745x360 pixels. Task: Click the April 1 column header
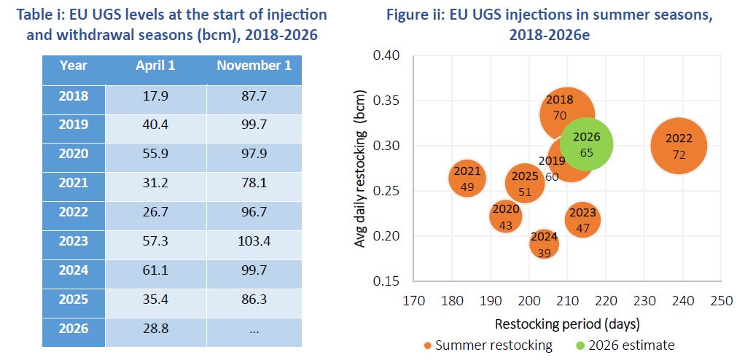click(x=155, y=66)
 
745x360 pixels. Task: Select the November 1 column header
click(x=254, y=66)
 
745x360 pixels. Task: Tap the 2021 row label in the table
click(x=74, y=183)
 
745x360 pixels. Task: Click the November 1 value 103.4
click(x=254, y=241)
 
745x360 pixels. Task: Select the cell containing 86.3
click(x=254, y=300)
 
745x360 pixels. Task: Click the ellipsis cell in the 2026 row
click(x=254, y=329)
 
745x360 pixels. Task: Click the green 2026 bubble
click(x=587, y=145)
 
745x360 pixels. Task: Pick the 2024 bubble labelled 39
click(x=544, y=244)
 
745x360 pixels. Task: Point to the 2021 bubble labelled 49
click(x=467, y=179)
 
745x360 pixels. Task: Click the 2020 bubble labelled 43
click(x=505, y=216)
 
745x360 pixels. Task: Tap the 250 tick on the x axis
click(x=721, y=301)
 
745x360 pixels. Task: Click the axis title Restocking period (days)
click(x=567, y=324)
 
